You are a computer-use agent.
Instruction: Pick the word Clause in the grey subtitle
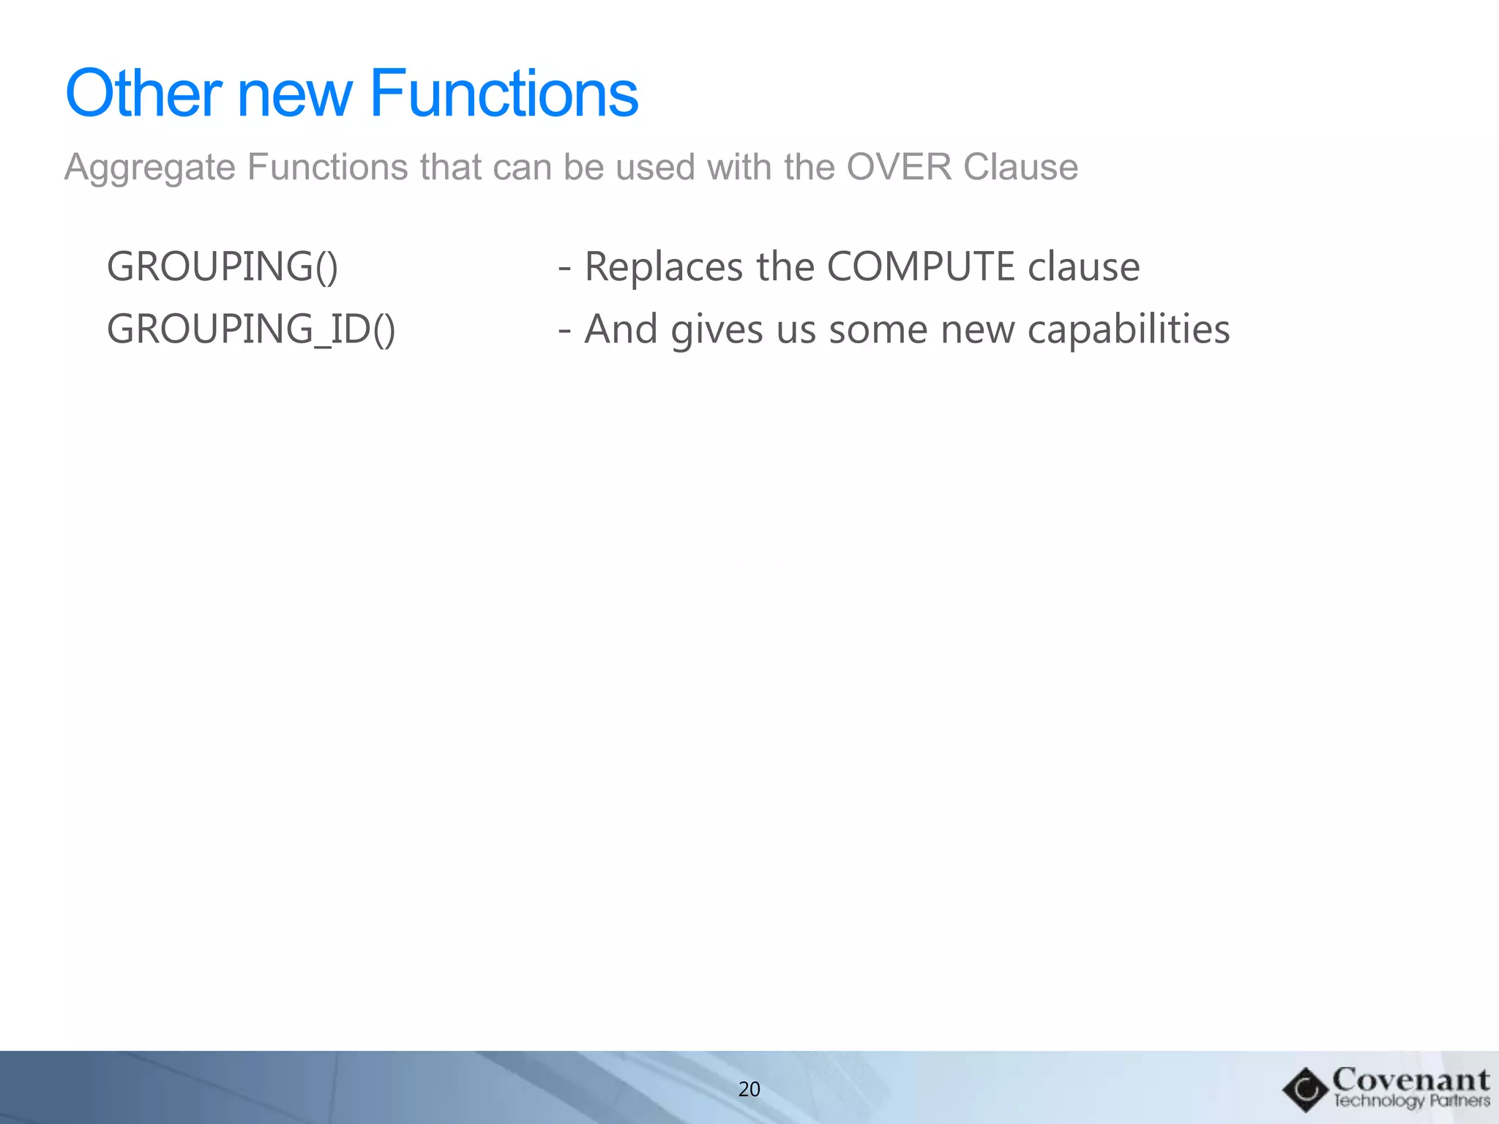(x=1020, y=166)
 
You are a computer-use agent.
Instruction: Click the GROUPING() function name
(x=223, y=266)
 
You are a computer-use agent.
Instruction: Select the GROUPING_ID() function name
(x=251, y=329)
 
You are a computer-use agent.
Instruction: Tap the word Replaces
(x=663, y=266)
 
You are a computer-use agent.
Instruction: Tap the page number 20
(x=749, y=1090)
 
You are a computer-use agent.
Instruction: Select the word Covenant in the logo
(x=1410, y=1080)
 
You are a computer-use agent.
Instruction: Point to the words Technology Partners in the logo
(x=1410, y=1101)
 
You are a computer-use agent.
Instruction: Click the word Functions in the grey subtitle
(x=327, y=167)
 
